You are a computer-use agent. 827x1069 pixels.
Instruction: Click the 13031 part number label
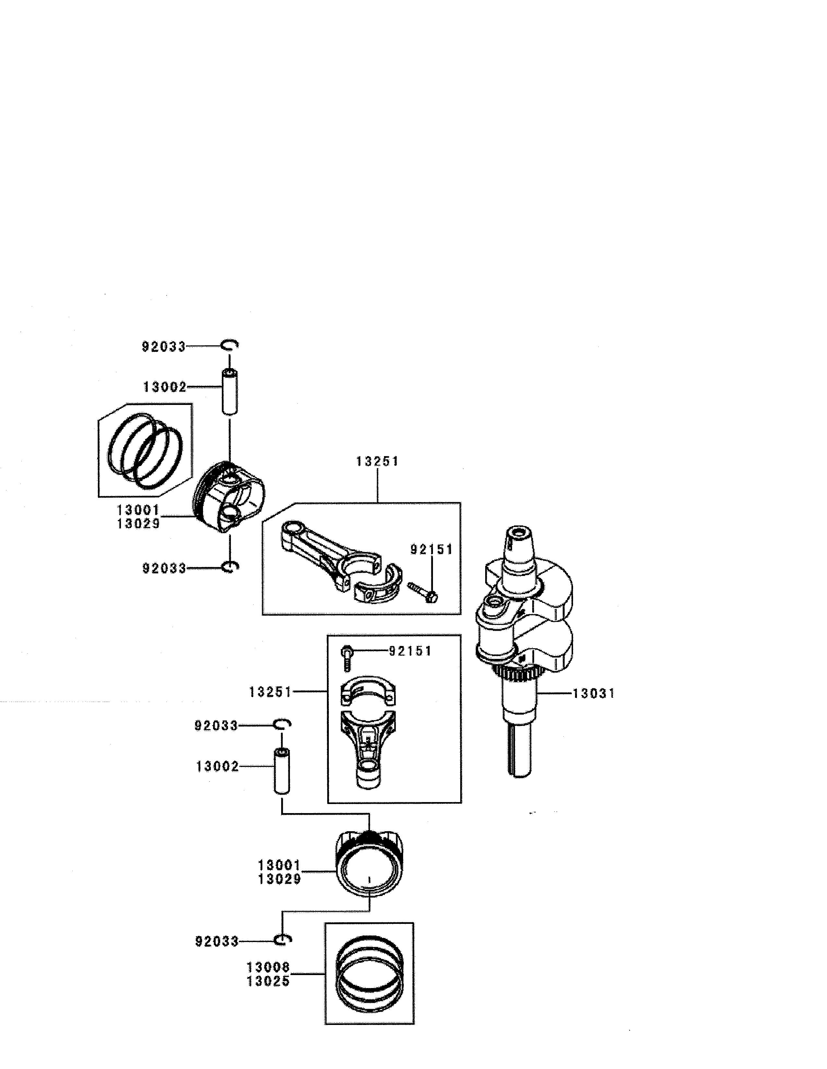pyautogui.click(x=593, y=694)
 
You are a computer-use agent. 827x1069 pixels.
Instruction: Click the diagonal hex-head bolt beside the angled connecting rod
pyautogui.click(x=422, y=592)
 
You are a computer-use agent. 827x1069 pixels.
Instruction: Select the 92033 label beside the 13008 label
pyautogui.click(x=217, y=941)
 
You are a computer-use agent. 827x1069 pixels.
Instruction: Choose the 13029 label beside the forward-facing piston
pyautogui.click(x=279, y=879)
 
